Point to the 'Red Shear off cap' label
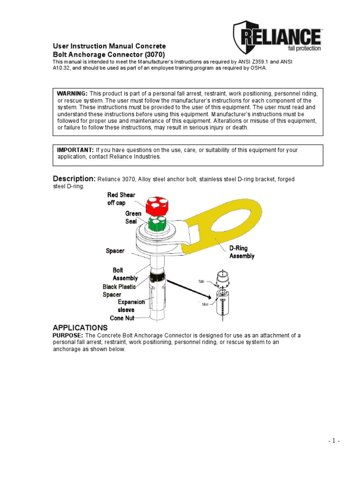[121, 199]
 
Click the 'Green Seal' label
[133, 217]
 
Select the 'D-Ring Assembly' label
[241, 252]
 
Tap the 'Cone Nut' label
[122, 318]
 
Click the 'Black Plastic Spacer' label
[119, 291]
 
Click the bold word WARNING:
[73, 94]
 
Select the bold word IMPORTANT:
[75, 150]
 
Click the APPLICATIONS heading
[80, 328]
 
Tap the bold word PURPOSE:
[68, 336]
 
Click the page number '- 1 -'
[334, 441]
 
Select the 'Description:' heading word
[74, 179]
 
